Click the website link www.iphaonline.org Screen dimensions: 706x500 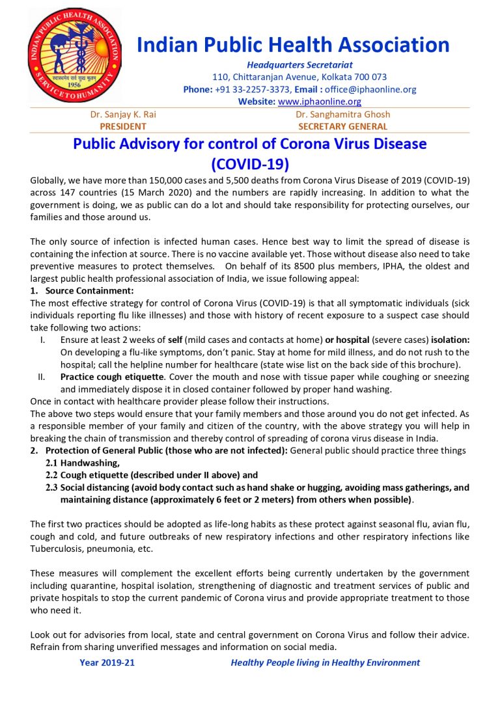click(x=319, y=102)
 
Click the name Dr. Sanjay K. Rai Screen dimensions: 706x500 click(x=123, y=115)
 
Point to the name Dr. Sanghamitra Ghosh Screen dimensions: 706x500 click(x=342, y=115)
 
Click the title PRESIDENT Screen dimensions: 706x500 click(x=123, y=126)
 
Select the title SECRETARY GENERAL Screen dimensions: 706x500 click(x=342, y=126)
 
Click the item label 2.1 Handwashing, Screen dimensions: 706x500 click(x=83, y=463)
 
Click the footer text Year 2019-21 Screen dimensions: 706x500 click(x=107, y=662)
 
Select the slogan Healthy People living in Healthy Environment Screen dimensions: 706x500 click(x=325, y=662)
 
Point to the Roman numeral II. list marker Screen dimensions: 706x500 click(x=44, y=377)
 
